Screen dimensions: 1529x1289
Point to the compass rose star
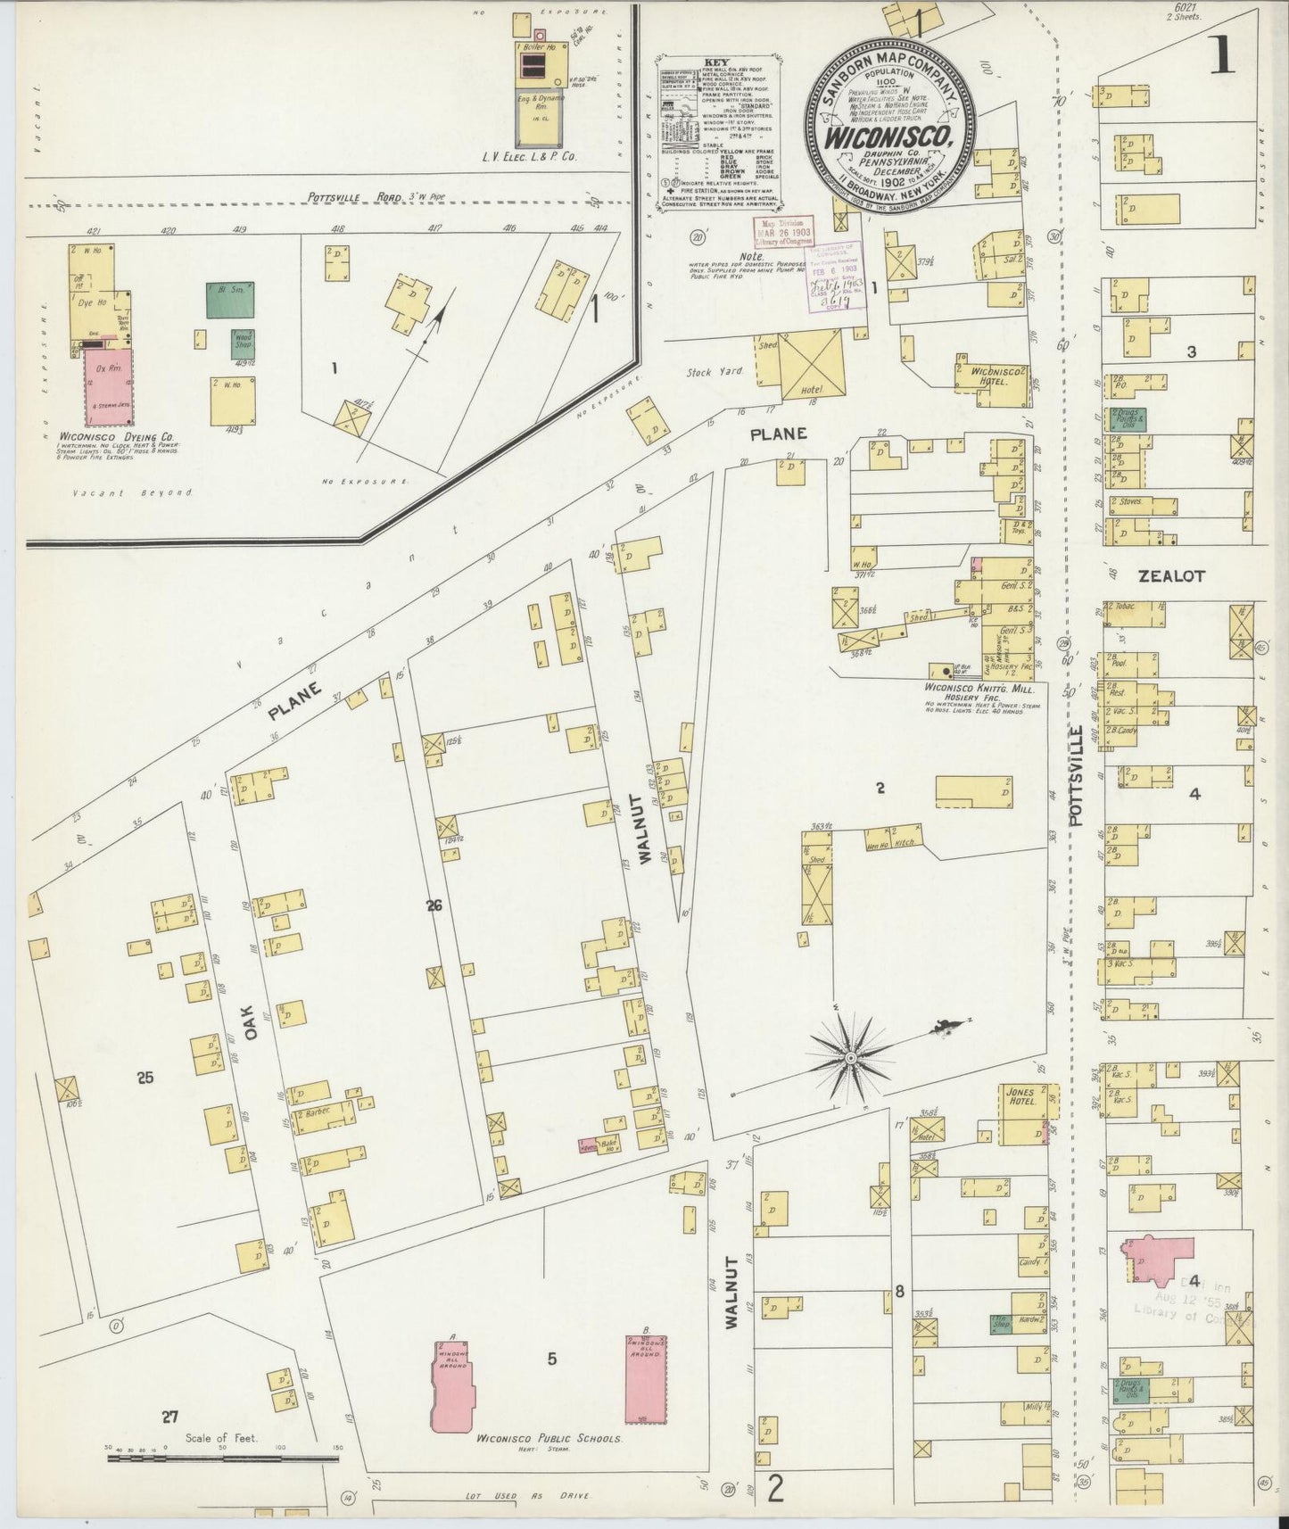850,1058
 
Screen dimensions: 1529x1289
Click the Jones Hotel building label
1019,1096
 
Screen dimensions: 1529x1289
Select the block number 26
434,906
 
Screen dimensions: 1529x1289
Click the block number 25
145,1078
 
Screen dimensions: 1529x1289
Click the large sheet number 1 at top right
1221,55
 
